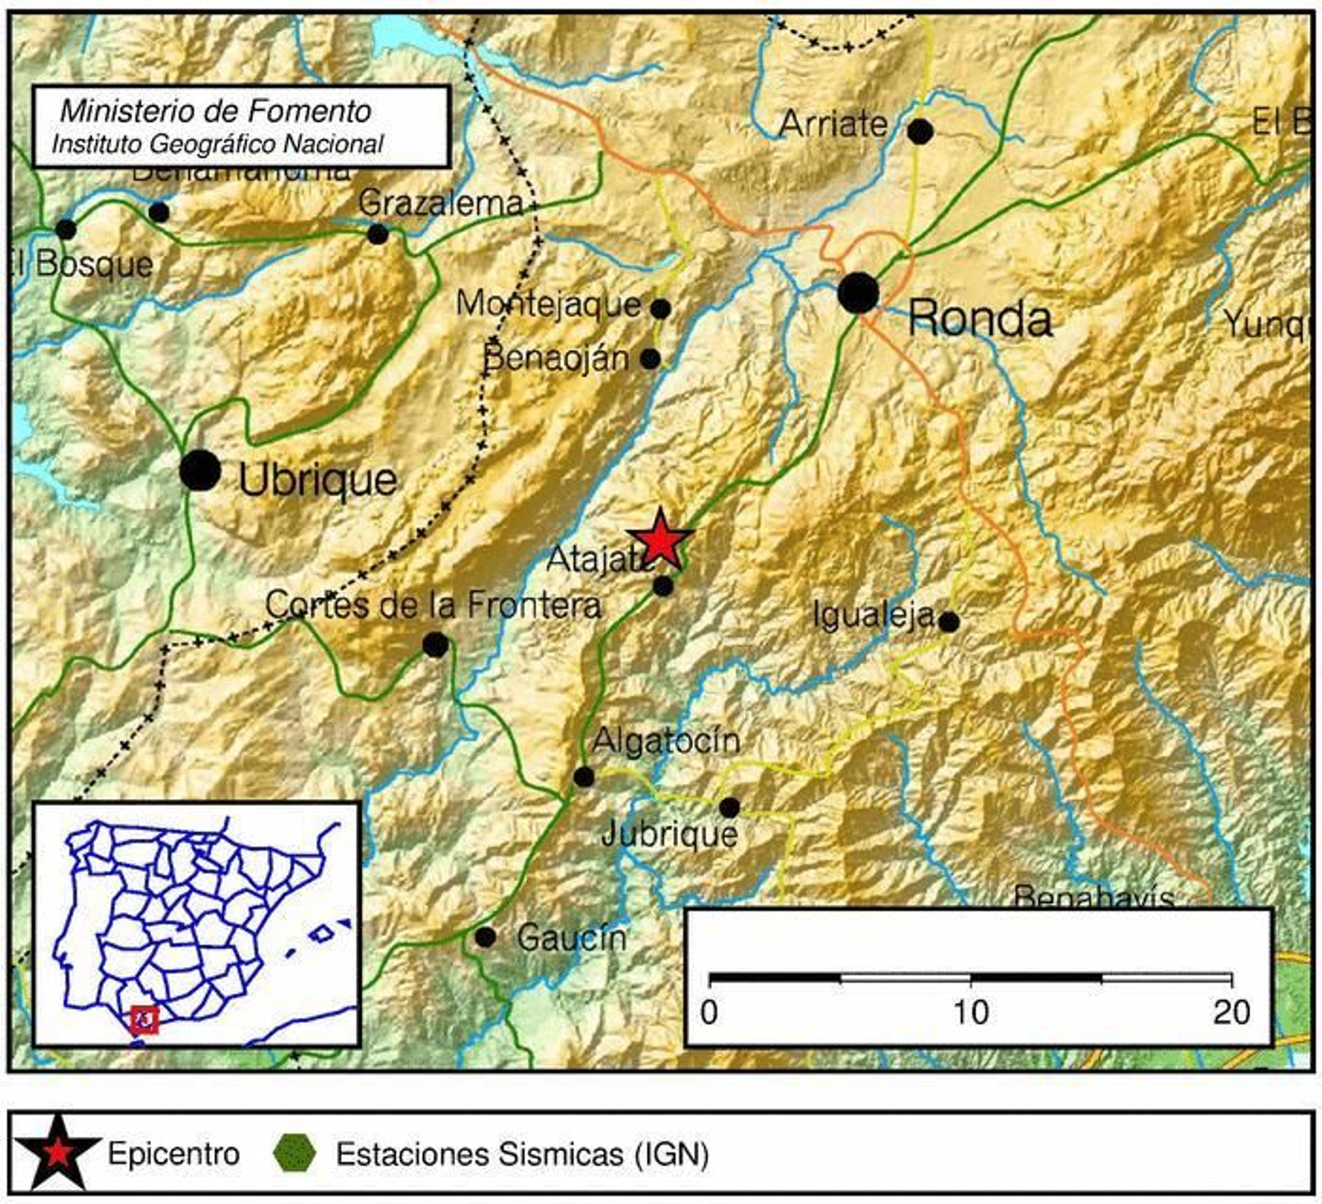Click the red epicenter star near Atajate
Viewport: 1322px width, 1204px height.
660,540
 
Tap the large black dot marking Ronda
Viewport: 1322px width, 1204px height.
858,292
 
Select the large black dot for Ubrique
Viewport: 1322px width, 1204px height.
200,471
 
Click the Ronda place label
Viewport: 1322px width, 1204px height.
980,319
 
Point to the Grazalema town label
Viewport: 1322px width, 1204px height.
441,203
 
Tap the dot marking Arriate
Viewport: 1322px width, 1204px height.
920,131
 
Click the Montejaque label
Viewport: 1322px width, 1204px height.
549,304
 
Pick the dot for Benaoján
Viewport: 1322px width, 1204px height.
650,359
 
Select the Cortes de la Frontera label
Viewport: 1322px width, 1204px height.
433,605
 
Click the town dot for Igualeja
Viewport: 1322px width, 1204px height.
949,622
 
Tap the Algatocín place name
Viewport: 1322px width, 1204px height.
666,740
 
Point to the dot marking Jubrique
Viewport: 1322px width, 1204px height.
729,807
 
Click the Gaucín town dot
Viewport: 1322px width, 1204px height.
485,937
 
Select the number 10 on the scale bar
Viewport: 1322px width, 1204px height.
971,1012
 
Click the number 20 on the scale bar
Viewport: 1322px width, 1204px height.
1231,1012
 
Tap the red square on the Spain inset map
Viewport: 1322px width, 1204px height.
145,1020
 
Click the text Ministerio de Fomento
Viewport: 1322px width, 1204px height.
216,111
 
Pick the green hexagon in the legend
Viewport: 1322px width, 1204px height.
294,1153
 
